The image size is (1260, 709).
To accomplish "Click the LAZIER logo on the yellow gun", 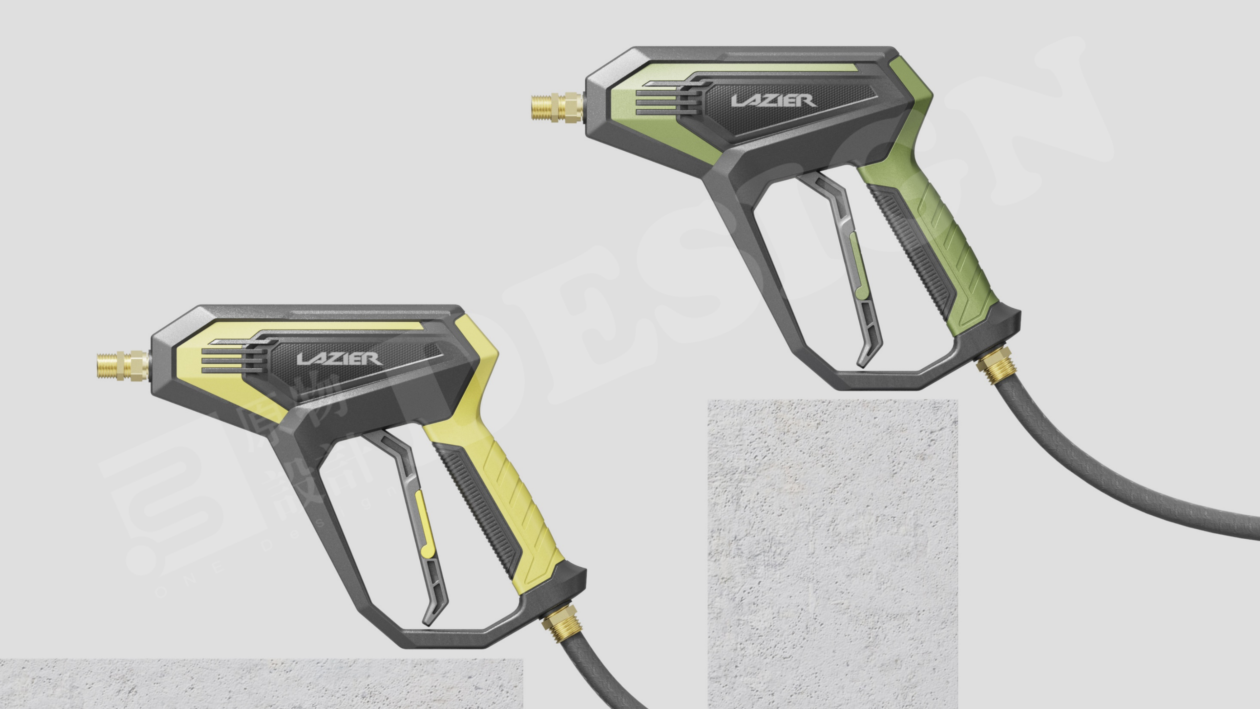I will pos(340,359).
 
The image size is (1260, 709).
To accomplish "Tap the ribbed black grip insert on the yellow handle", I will pos(477,504).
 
